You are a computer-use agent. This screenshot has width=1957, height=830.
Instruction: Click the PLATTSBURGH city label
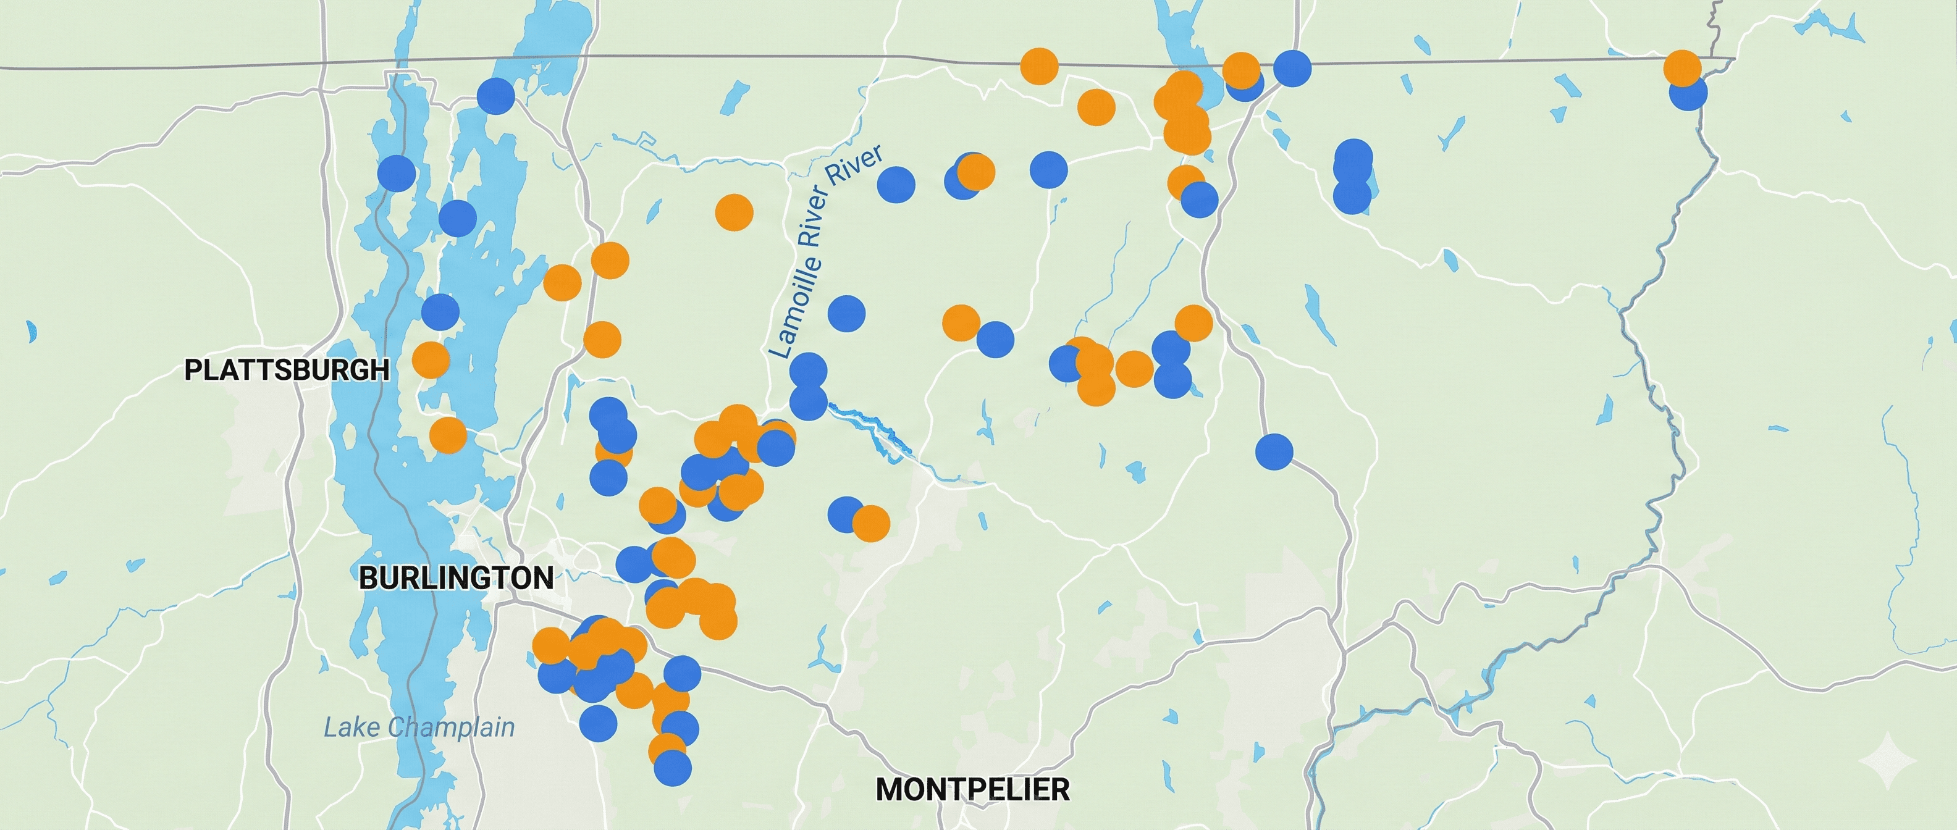click(287, 370)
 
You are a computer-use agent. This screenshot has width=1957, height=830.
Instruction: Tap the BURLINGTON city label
click(456, 578)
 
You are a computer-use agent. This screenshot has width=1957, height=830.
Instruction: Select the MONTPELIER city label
click(972, 789)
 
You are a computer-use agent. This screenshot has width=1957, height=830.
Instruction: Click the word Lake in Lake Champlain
click(351, 727)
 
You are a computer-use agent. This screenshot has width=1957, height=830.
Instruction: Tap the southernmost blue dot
click(672, 768)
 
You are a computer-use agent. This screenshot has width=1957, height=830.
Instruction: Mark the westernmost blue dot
click(397, 173)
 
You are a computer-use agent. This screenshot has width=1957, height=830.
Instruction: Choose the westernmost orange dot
click(431, 360)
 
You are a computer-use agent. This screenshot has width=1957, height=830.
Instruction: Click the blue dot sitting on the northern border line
click(1292, 69)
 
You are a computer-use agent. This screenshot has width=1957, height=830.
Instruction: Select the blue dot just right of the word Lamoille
click(846, 313)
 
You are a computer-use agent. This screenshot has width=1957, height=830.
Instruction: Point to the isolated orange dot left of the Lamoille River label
click(734, 212)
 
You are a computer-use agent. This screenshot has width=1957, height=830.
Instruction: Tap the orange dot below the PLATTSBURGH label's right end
click(448, 435)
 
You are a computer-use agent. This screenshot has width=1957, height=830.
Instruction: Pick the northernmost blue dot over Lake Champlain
click(495, 96)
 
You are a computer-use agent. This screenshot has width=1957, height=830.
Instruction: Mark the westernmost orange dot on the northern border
click(1039, 66)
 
